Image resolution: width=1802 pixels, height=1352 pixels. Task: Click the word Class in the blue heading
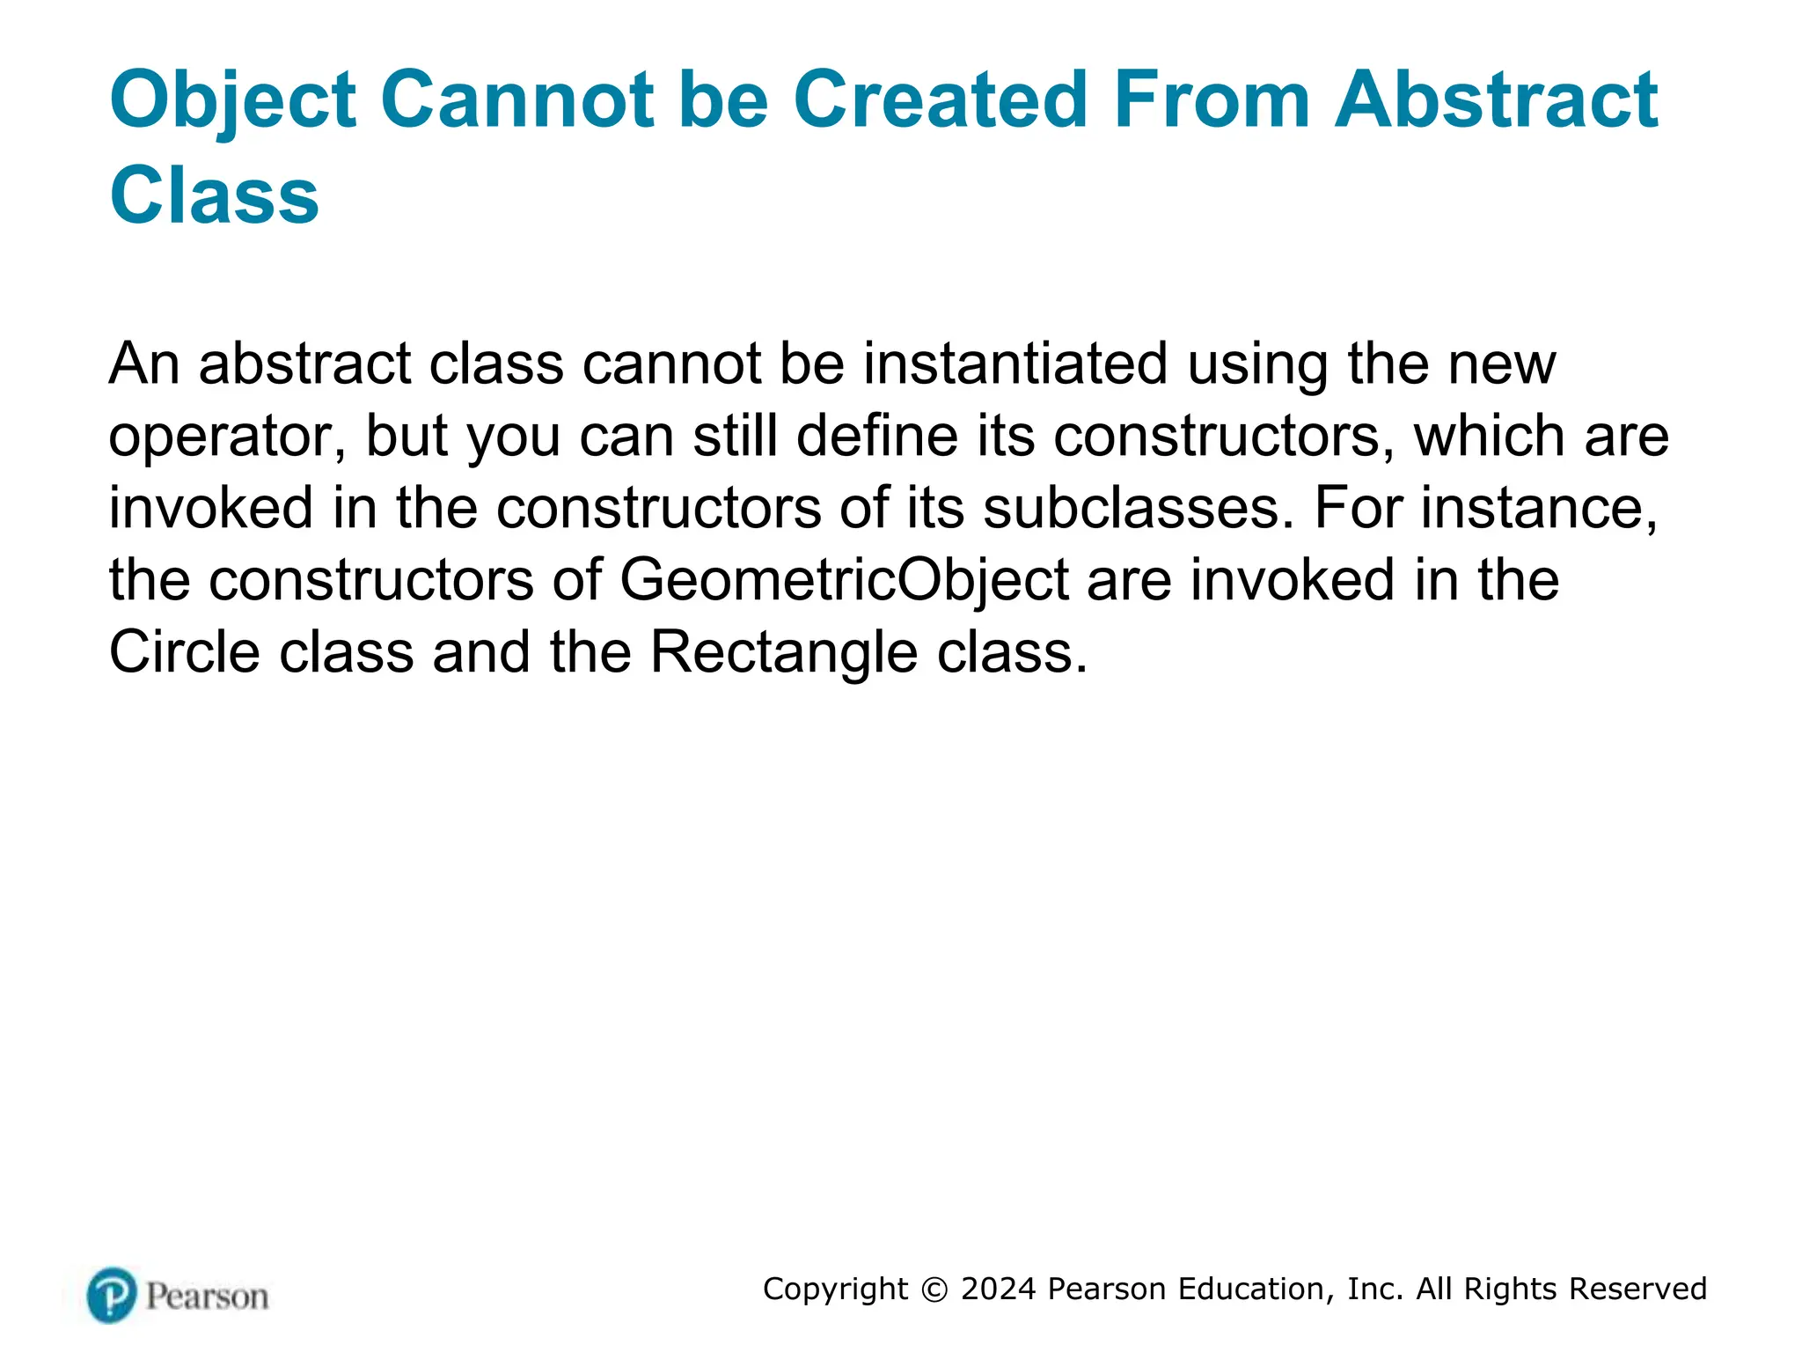[x=214, y=195]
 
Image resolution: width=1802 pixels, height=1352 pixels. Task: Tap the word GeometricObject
[x=845, y=581]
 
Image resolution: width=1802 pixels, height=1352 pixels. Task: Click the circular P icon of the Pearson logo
[x=112, y=1295]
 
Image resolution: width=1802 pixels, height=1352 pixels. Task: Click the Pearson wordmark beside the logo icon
[x=207, y=1297]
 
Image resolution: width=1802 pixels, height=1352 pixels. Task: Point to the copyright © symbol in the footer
[x=934, y=1290]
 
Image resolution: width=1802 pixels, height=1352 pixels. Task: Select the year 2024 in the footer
[x=999, y=1289]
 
